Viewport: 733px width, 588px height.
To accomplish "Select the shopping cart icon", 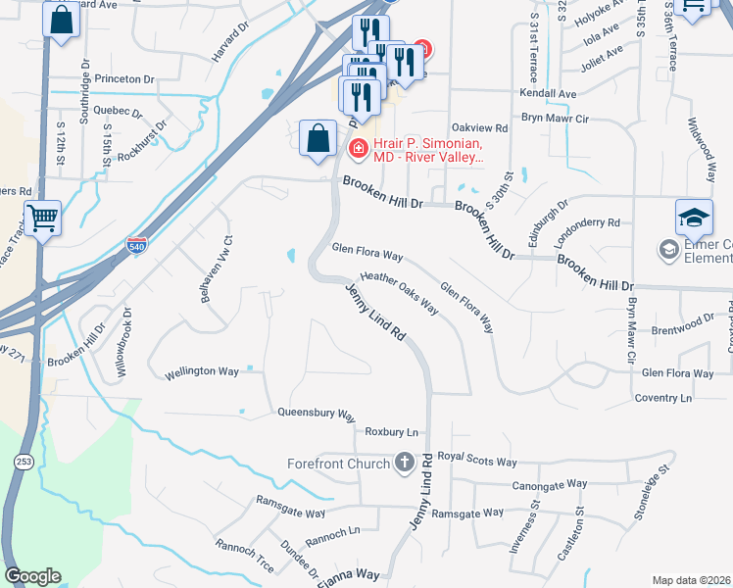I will (42, 217).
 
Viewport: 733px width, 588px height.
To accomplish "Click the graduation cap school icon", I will (693, 216).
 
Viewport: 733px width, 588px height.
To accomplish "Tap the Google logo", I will (32, 576).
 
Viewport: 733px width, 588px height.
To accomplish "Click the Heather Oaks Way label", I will (399, 292).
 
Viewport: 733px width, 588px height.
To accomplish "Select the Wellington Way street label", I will (202, 372).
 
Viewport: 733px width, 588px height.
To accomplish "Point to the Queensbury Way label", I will (316, 414).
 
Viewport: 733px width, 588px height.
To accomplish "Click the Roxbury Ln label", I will (391, 432).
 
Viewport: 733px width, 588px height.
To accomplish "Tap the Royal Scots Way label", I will (476, 461).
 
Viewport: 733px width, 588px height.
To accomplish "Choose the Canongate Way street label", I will (549, 485).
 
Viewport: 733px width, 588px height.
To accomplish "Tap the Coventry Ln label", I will (662, 398).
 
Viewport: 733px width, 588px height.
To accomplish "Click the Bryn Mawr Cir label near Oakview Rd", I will (554, 119).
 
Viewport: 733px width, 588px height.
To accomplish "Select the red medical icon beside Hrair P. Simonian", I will (358, 148).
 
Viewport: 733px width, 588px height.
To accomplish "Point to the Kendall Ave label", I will (548, 94).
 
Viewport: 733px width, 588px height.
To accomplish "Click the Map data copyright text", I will (691, 580).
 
